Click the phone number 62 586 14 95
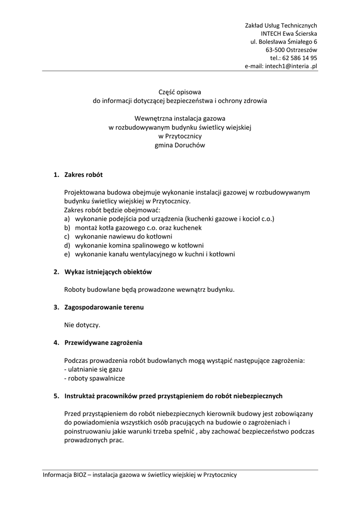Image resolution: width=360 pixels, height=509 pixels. (x=300, y=58)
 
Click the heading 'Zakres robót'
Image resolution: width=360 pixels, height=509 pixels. (x=84, y=174)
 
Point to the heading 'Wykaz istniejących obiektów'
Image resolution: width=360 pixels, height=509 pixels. (x=108, y=272)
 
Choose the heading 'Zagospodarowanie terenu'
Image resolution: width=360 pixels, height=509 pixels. (x=104, y=307)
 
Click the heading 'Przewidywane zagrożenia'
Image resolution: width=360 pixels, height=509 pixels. (x=103, y=342)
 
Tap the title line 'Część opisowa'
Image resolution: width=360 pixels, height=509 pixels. (x=180, y=92)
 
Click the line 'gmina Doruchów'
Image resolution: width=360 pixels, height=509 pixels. (x=180, y=145)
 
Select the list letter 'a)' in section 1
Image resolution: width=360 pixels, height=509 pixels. (x=67, y=219)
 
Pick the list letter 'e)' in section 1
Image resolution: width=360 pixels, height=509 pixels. (x=67, y=254)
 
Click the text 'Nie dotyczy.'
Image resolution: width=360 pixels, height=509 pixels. (x=82, y=325)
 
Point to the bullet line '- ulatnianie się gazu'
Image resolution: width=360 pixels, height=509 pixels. (x=93, y=369)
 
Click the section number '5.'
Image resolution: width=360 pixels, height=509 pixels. (x=56, y=396)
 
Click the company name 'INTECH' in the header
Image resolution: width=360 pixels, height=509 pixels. (x=264, y=33)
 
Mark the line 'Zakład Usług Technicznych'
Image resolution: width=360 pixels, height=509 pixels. (x=281, y=25)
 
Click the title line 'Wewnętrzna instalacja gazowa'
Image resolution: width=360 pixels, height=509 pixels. (x=180, y=118)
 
